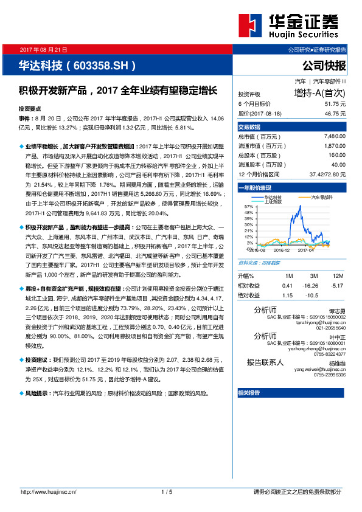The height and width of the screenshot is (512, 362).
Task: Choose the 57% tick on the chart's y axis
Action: (248, 207)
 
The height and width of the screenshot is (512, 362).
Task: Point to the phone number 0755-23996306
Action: (331, 374)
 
